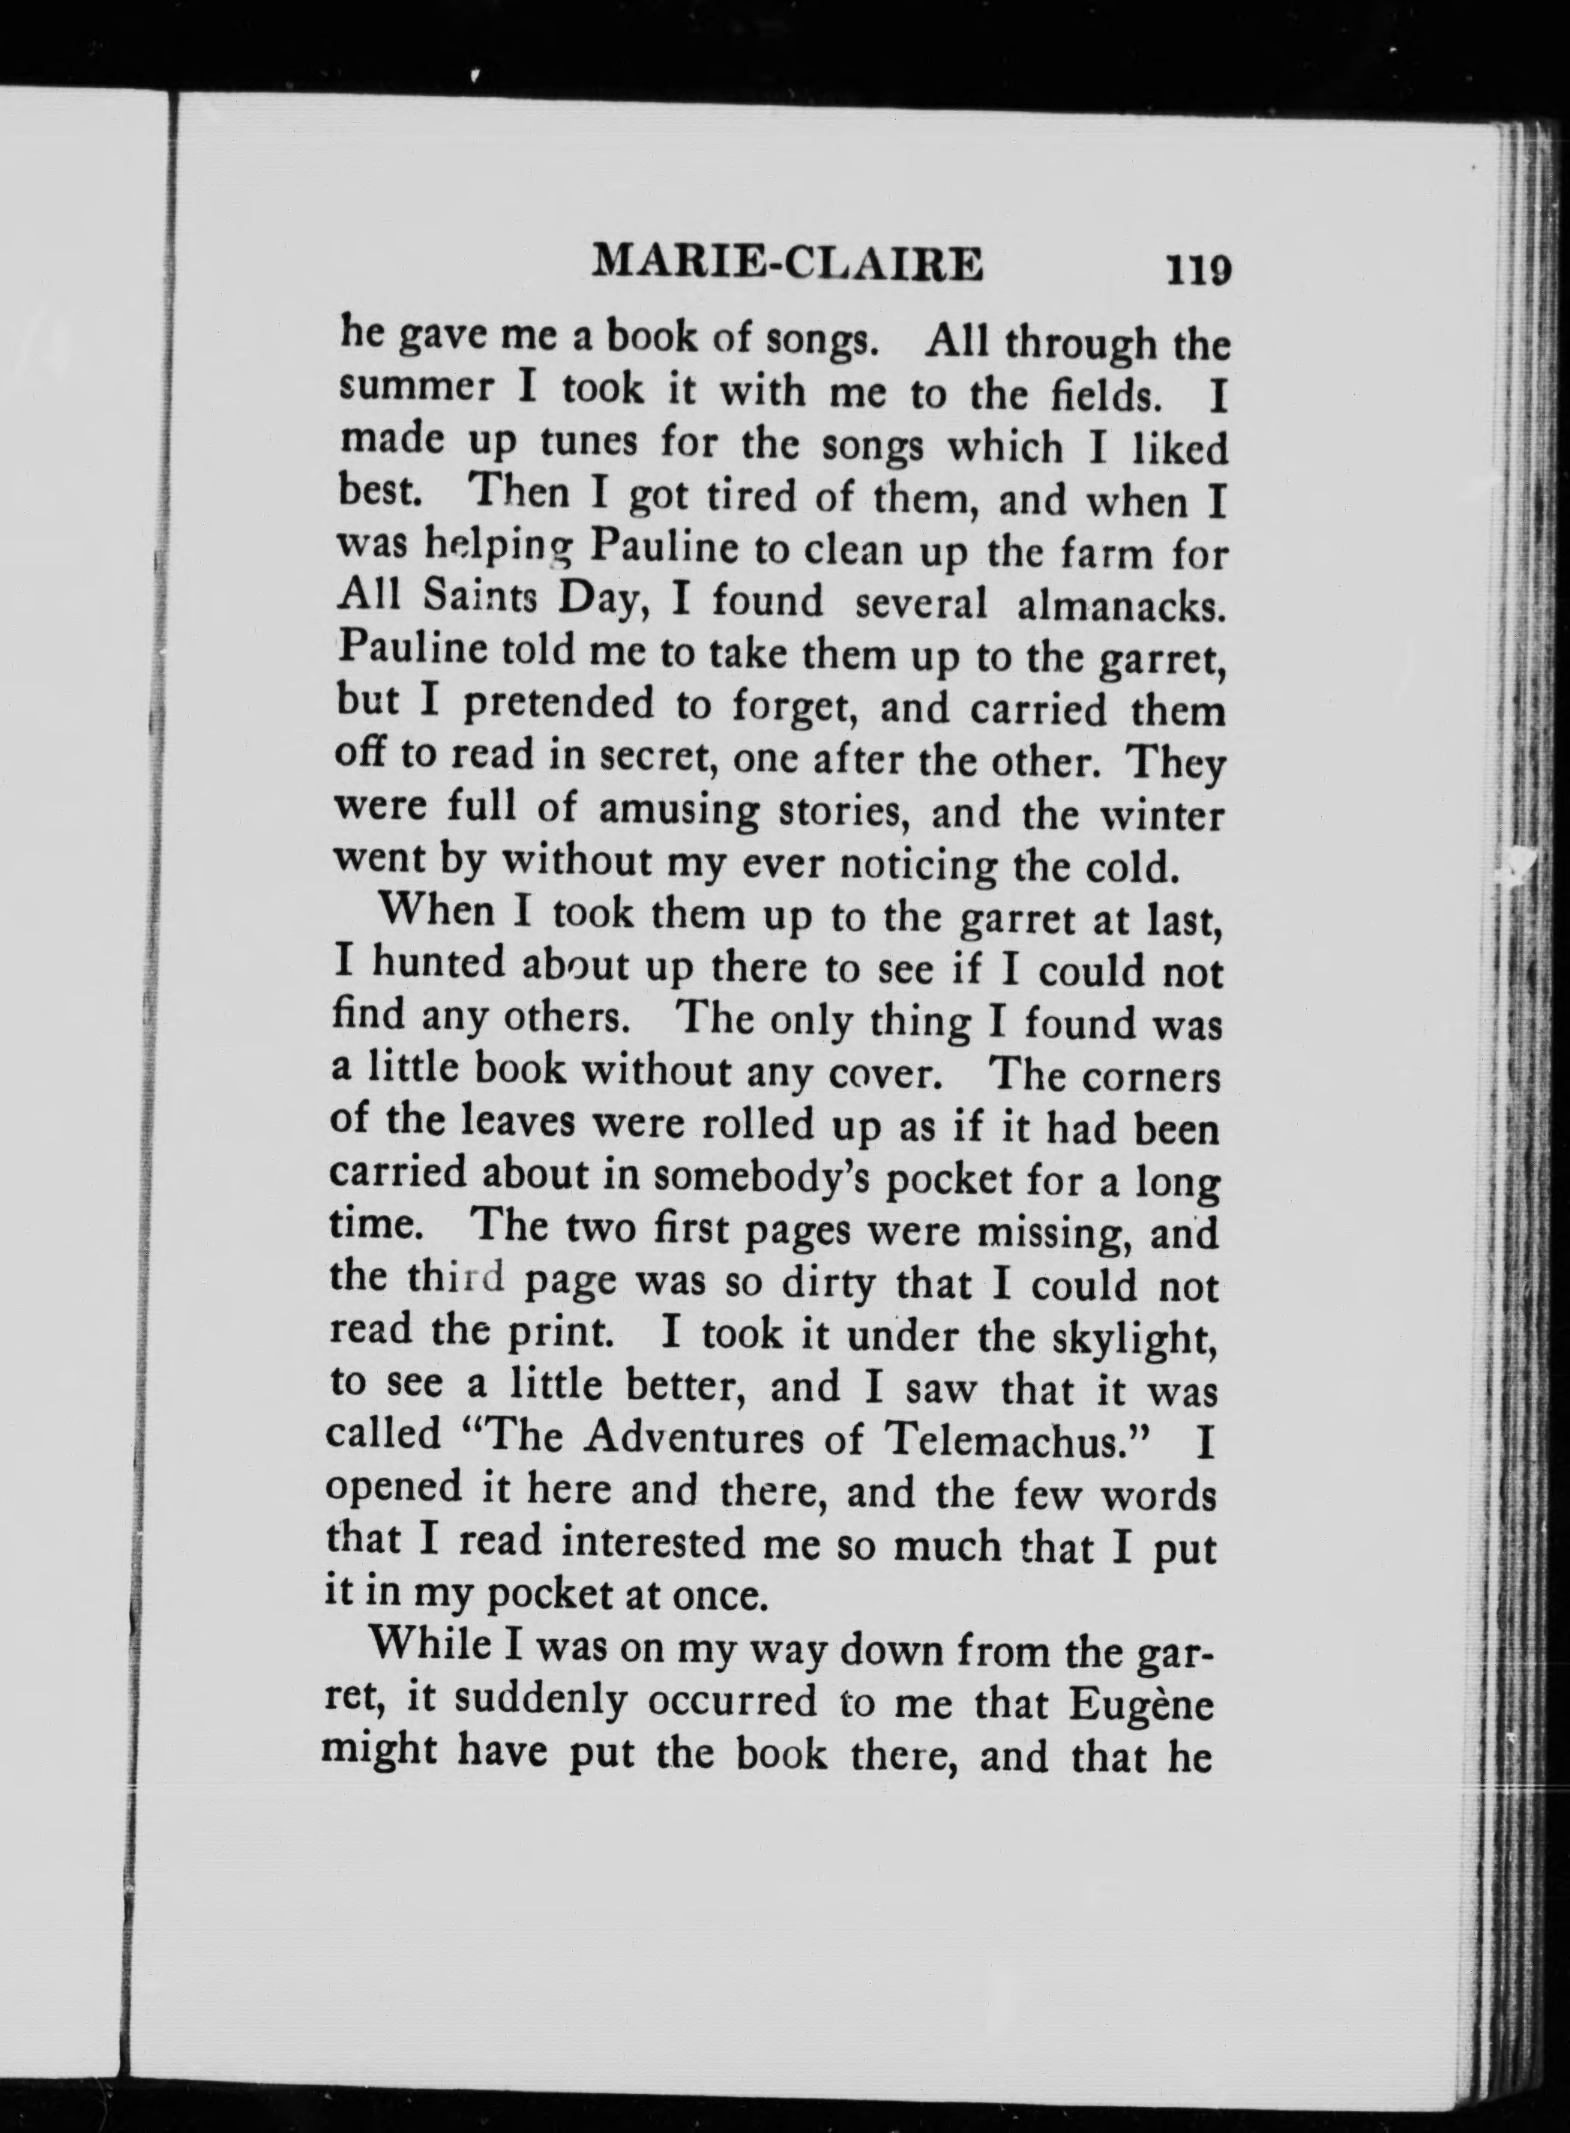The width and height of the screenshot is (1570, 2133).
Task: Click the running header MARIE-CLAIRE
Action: pos(787,263)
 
